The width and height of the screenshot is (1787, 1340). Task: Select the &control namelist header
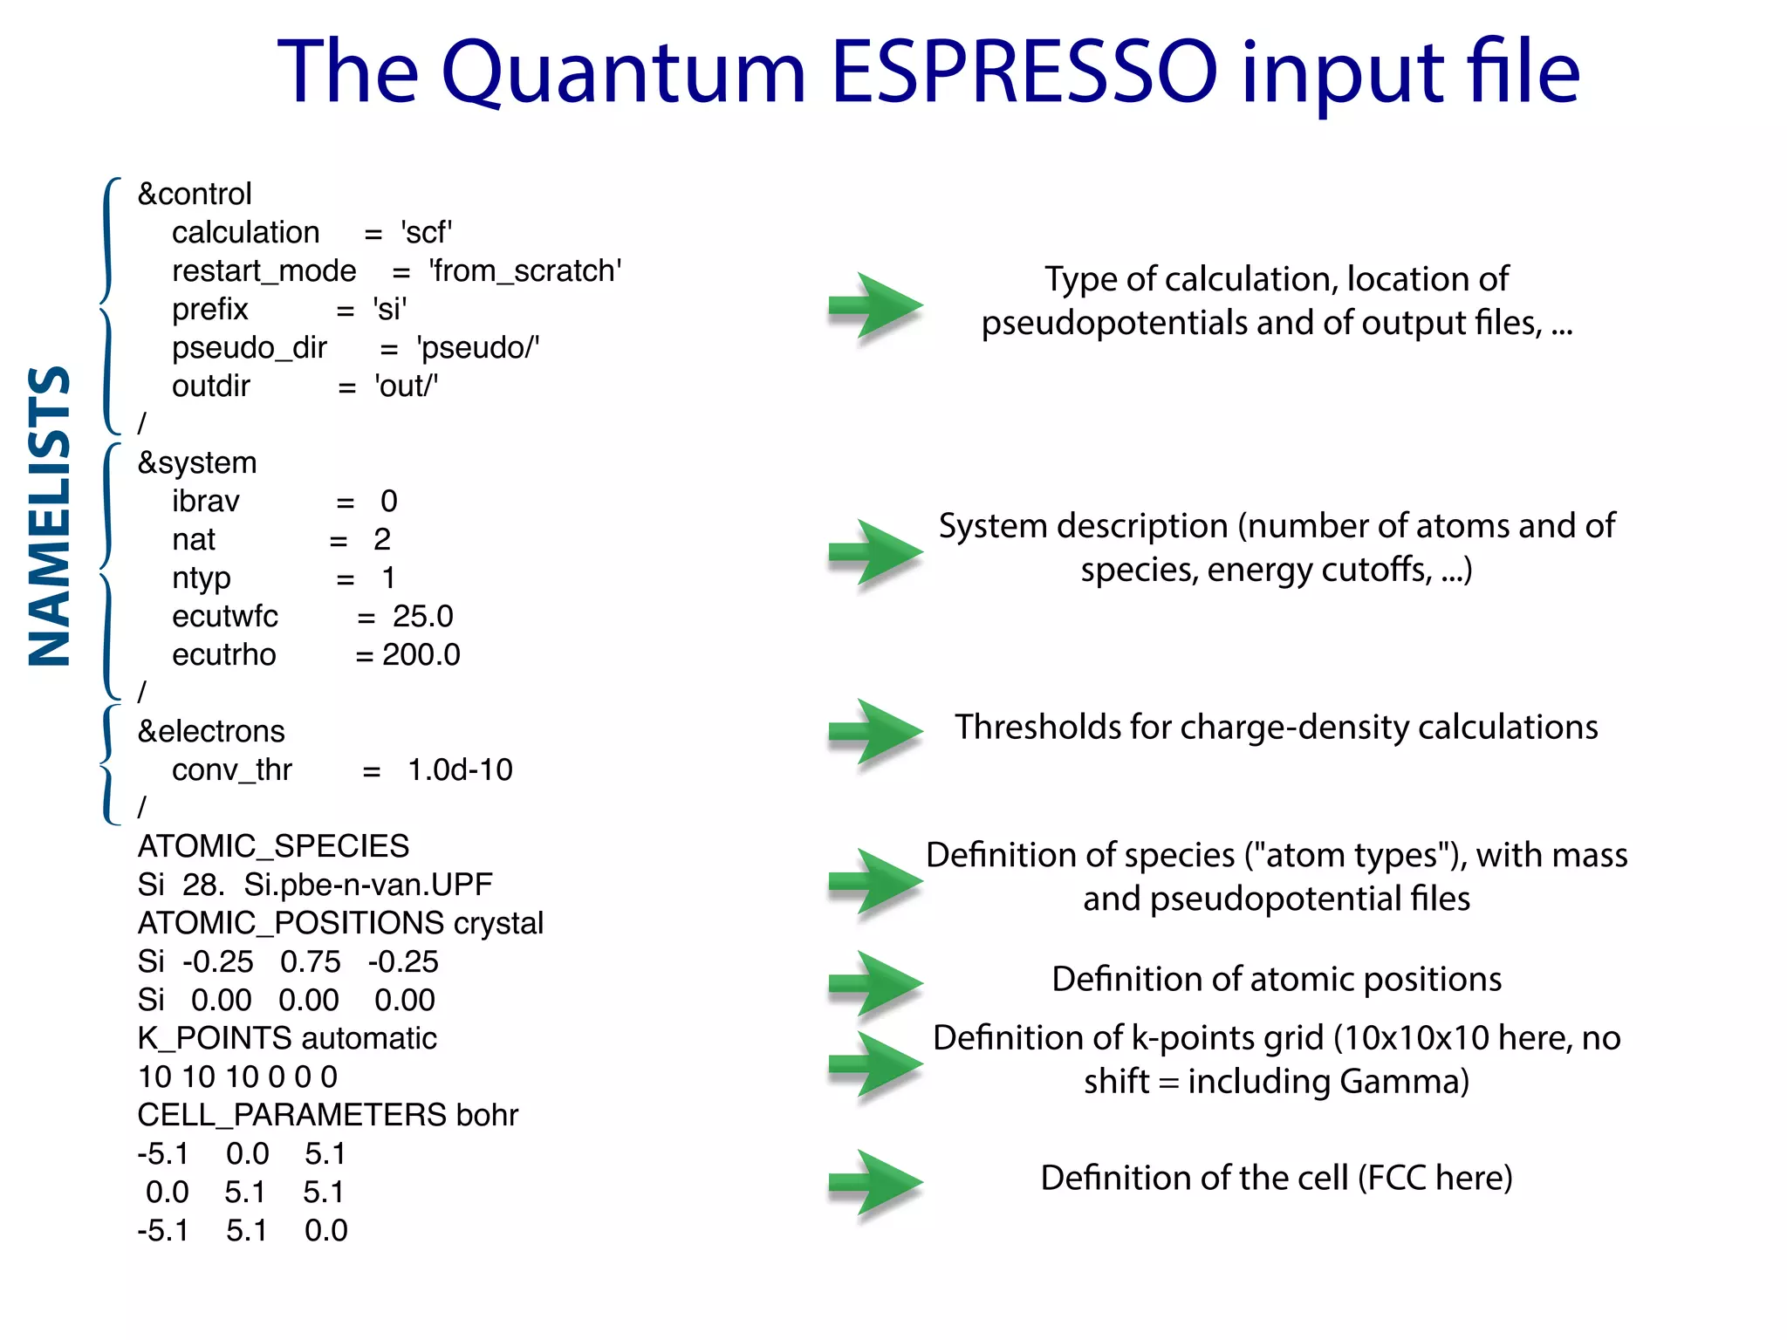click(195, 194)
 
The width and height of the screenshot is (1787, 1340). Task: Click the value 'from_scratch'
click(524, 270)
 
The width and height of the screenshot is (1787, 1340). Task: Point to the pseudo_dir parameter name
click(249, 347)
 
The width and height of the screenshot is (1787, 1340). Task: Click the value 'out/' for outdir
click(406, 386)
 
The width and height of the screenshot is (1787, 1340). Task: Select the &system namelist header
click(197, 462)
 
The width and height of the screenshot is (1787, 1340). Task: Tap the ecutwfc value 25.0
click(422, 616)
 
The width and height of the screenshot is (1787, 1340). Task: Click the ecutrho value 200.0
click(421, 654)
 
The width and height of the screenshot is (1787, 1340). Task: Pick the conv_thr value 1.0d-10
click(460, 769)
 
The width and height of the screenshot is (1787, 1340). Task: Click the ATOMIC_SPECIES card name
click(273, 846)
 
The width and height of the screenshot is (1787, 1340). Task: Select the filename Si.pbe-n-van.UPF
click(367, 885)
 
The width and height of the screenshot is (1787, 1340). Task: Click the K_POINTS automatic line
click(287, 1038)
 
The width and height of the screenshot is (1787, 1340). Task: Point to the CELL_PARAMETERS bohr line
click(327, 1115)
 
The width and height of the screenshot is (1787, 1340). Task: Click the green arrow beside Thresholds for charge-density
click(874, 732)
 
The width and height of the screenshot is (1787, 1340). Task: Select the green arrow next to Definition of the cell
click(874, 1182)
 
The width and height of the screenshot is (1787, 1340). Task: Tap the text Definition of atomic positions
click(1276, 979)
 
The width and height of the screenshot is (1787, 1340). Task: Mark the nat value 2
click(382, 539)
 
